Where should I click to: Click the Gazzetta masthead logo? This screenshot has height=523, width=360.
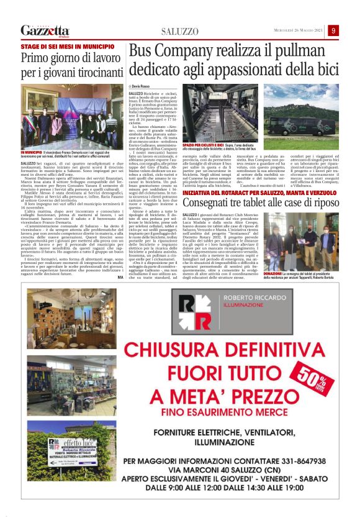coord(45,30)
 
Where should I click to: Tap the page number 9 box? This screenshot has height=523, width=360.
coord(334,30)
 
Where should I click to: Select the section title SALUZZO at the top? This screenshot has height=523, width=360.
coord(180,31)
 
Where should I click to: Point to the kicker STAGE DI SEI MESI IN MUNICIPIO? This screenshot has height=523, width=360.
coord(59,47)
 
